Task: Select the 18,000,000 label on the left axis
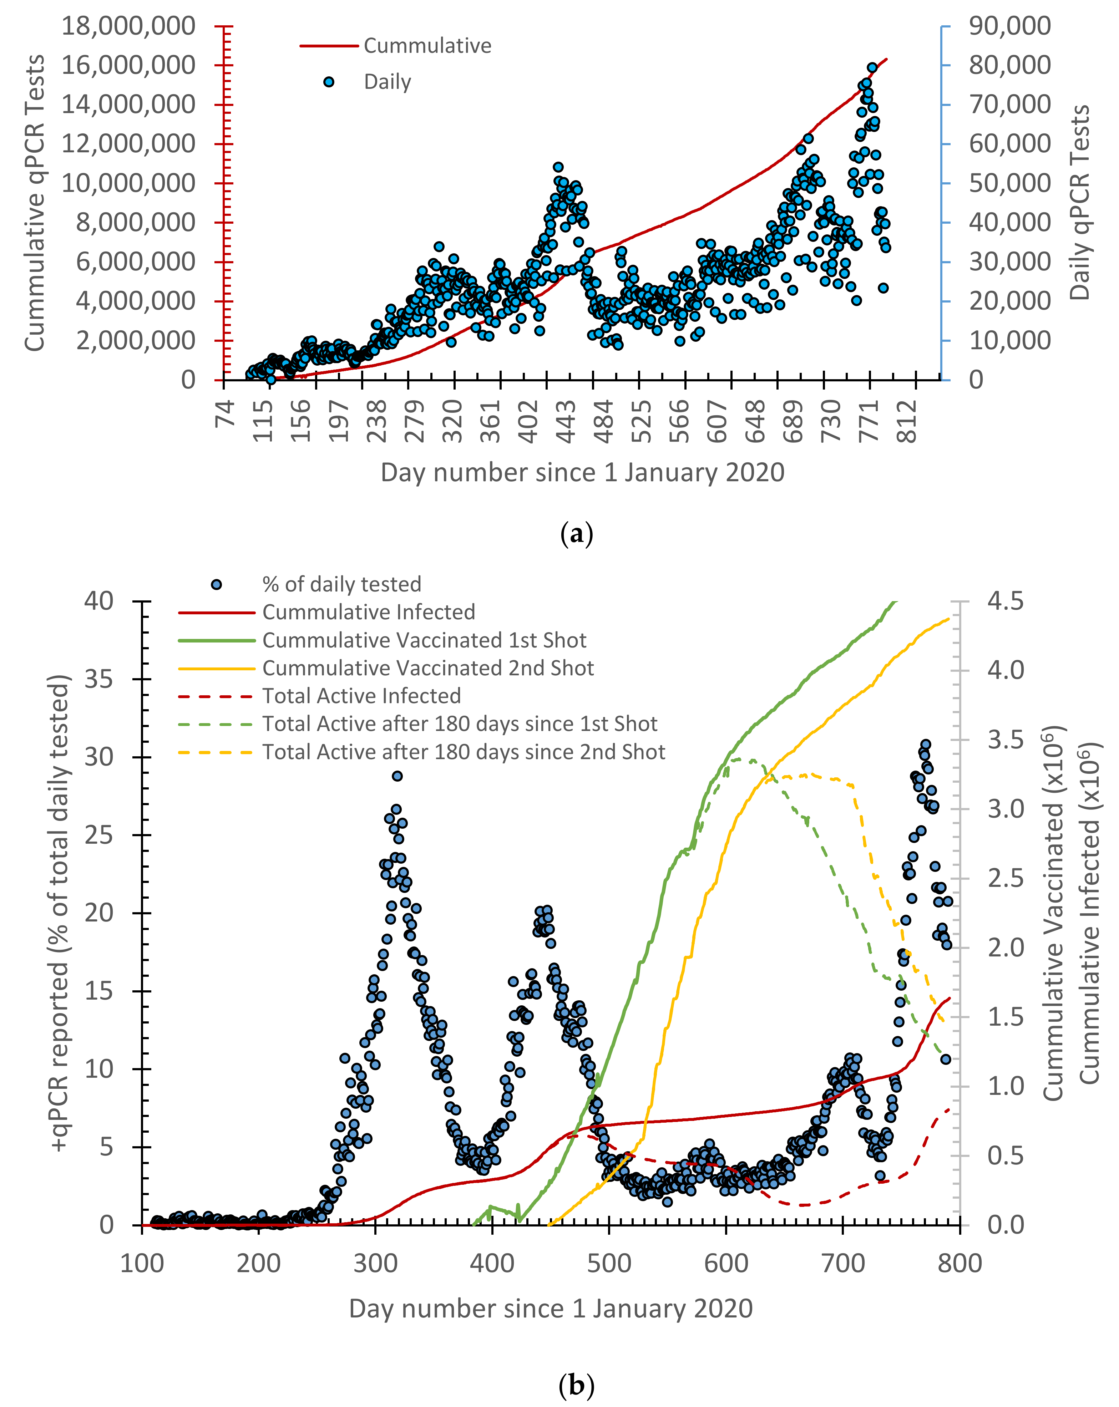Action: pyautogui.click(x=128, y=26)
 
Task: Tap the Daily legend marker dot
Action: pyautogui.click(x=329, y=82)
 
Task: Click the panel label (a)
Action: pyautogui.click(x=577, y=534)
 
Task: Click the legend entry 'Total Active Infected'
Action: pyautogui.click(x=361, y=696)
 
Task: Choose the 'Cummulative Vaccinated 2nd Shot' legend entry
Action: pyautogui.click(x=427, y=667)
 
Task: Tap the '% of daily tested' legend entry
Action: pyautogui.click(x=341, y=584)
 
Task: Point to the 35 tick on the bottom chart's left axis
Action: pyautogui.click(x=99, y=679)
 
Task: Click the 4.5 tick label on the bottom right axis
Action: pyautogui.click(x=1005, y=601)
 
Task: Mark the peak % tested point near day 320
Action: pyautogui.click(x=397, y=776)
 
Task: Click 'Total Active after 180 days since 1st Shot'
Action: pyautogui.click(x=460, y=724)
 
